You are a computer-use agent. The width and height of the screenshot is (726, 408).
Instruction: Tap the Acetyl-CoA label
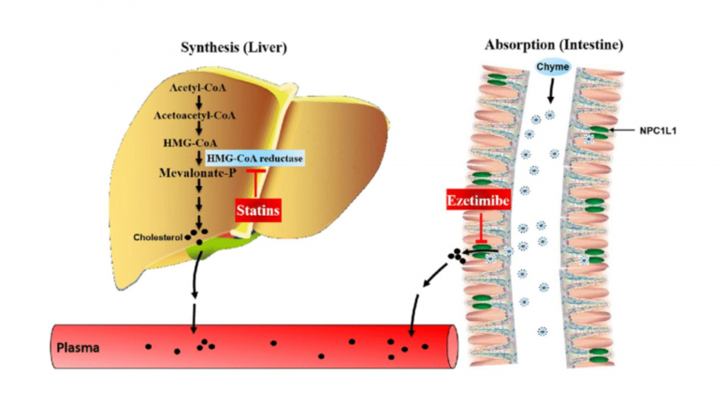click(197, 86)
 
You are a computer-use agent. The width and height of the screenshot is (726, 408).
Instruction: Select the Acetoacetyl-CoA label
click(197, 115)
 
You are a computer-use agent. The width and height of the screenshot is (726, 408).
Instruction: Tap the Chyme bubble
click(552, 65)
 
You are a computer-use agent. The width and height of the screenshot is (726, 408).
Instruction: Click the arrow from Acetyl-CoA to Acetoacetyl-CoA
click(197, 101)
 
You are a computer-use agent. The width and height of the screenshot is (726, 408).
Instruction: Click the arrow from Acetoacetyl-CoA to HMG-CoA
click(197, 130)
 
